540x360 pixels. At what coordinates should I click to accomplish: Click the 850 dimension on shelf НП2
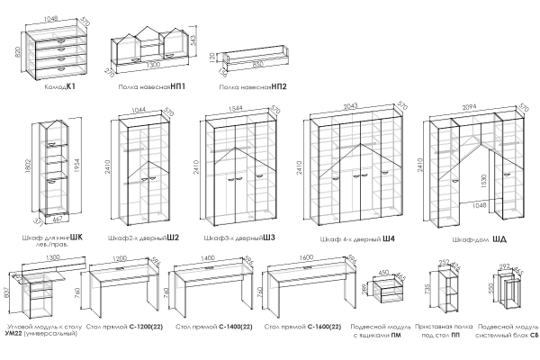click(258, 65)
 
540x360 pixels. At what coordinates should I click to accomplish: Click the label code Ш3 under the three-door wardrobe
click(267, 238)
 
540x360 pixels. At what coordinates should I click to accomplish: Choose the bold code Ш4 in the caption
click(389, 238)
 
